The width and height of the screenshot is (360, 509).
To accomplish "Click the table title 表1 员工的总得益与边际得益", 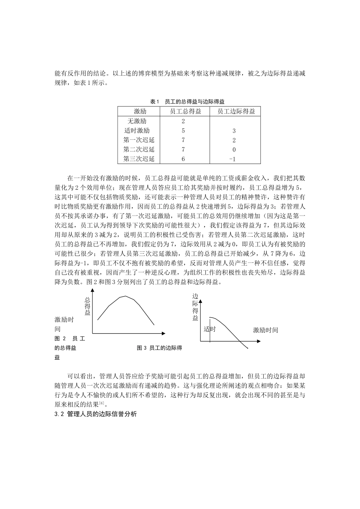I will click(187, 101).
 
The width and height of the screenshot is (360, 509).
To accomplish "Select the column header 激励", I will click(140, 111).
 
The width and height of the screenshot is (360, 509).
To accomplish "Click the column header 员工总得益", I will click(185, 111).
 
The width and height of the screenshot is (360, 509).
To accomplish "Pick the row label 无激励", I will click(137, 121).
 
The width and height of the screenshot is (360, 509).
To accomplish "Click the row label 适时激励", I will click(137, 131).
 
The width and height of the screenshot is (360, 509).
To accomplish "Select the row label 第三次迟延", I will click(139, 159).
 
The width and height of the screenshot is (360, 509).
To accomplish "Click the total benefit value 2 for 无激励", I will click(183, 121).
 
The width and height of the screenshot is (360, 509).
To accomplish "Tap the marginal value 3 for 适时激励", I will click(234, 131).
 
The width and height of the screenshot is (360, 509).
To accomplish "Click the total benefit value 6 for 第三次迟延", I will click(183, 159).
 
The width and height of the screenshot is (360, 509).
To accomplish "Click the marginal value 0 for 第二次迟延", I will click(234, 150).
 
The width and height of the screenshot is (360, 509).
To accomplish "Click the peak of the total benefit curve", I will click(126, 296).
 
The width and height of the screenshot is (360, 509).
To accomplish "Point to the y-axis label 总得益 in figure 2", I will click(88, 306).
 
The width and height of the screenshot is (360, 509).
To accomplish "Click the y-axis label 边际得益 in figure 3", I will click(195, 307).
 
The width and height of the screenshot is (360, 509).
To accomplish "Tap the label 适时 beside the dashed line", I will click(210, 329).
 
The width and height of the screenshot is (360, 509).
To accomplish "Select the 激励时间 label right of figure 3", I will click(265, 330).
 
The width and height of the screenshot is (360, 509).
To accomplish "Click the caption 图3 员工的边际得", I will click(159, 348).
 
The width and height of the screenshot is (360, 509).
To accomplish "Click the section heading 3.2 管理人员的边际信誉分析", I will click(95, 414).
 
